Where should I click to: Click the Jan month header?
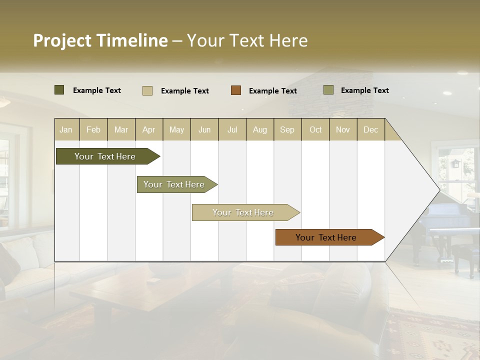(66, 129)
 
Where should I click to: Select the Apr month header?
(149, 129)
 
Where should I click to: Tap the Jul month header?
(232, 129)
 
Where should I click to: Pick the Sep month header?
(287, 129)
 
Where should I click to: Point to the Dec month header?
(370, 129)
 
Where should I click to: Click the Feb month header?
(93, 129)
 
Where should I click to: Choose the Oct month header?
(315, 129)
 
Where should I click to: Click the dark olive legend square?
(59, 90)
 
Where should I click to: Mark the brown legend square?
(236, 90)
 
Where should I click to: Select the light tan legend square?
(147, 90)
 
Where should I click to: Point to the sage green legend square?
(328, 90)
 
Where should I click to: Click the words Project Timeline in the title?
(100, 40)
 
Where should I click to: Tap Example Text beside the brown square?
(272, 91)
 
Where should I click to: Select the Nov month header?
(343, 129)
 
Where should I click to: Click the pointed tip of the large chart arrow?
(438, 190)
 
